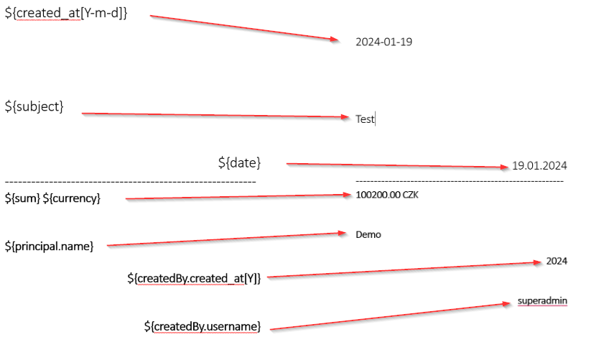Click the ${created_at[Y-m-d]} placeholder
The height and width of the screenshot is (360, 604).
[66, 14]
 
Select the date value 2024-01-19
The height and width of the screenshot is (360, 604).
[384, 42]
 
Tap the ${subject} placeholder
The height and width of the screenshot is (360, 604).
[34, 106]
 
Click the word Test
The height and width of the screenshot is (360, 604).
[365, 119]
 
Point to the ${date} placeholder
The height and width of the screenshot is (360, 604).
[239, 163]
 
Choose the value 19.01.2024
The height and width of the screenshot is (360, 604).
[539, 166]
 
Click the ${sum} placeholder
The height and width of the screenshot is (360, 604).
[22, 198]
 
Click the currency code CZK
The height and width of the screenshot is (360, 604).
[411, 195]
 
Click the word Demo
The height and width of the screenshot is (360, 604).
[368, 234]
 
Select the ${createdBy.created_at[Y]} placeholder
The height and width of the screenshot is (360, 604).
[193, 278]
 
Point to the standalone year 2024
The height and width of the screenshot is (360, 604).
[557, 261]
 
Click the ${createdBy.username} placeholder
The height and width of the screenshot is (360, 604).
[202, 326]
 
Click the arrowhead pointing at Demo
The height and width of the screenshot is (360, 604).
[343, 233]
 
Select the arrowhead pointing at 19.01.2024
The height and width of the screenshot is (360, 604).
[504, 167]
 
